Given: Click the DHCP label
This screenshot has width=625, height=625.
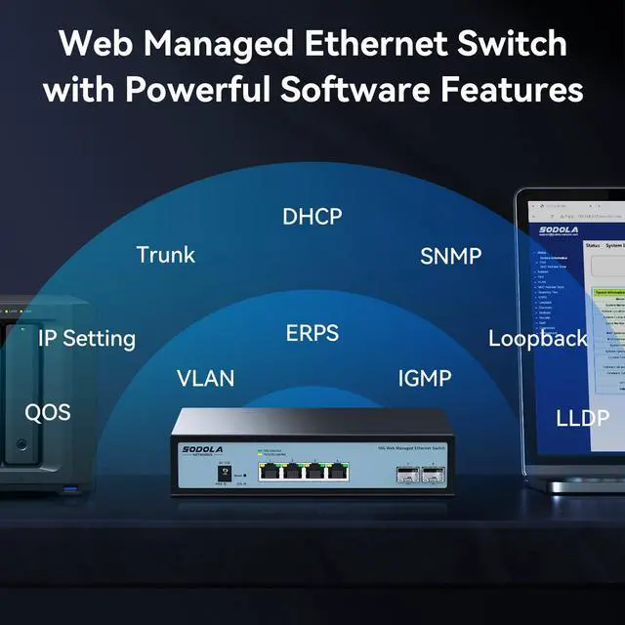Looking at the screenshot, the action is pyautogui.click(x=312, y=216).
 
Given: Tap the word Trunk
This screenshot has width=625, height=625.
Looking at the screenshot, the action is pyautogui.click(x=166, y=256).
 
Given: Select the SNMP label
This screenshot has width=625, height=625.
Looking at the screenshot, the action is pyautogui.click(x=451, y=257).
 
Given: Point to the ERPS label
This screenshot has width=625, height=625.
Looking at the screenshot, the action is pyautogui.click(x=312, y=334).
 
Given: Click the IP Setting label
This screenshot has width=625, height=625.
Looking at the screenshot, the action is pyautogui.click(x=87, y=340).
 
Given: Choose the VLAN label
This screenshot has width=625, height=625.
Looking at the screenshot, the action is pyautogui.click(x=206, y=378).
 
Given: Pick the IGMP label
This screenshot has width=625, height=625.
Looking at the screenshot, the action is pyautogui.click(x=424, y=378).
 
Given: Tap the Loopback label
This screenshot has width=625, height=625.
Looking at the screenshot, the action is pyautogui.click(x=538, y=339).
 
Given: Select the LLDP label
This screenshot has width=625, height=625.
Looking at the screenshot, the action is pyautogui.click(x=582, y=419).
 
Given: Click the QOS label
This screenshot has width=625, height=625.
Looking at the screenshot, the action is pyautogui.click(x=48, y=413).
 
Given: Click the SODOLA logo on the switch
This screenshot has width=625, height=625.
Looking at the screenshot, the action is pyautogui.click(x=203, y=449).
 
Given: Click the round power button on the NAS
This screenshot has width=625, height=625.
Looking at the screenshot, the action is pyautogui.click(x=21, y=446).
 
